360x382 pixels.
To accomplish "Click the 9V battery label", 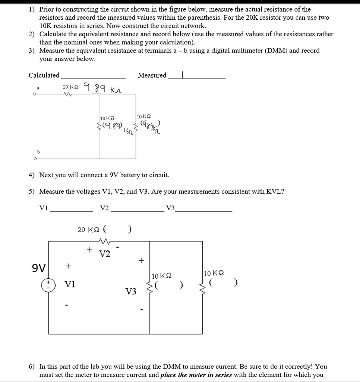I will (38, 268).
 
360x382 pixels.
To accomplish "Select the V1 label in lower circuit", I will (70, 285).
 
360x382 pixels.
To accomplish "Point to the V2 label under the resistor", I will (105, 254).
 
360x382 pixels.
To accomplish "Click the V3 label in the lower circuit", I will (131, 291).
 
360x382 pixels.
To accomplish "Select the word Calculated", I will (44, 75).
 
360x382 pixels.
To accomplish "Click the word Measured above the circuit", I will (152, 75).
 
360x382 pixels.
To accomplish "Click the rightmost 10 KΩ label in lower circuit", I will (214, 273).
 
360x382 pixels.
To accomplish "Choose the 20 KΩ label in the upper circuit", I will (70, 87).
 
